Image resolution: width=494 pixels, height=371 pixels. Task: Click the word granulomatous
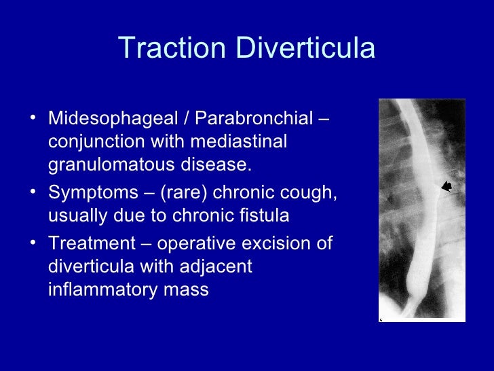pyautogui.click(x=112, y=164)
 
